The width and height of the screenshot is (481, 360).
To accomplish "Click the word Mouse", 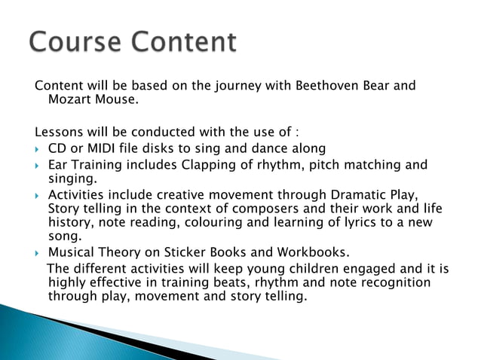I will [x=113, y=99].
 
